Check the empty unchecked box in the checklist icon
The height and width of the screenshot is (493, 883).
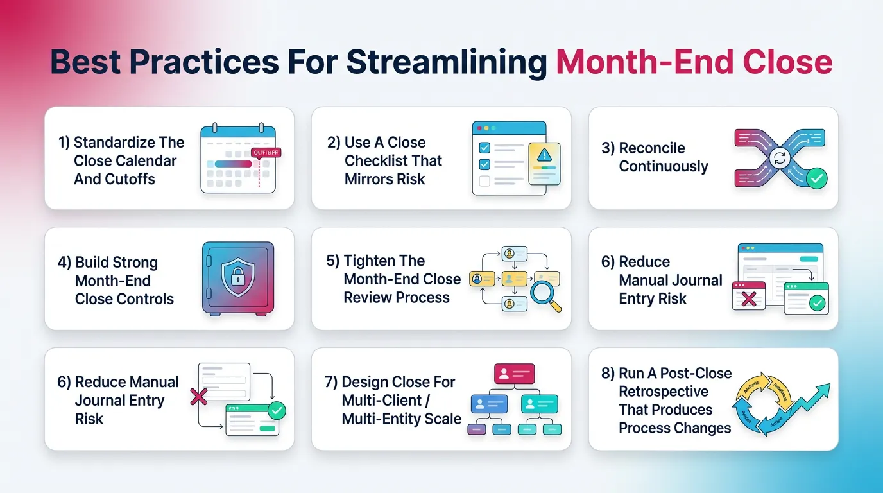(x=484, y=181)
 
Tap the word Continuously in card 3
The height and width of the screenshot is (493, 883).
(x=664, y=167)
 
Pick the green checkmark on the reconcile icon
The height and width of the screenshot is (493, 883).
(x=817, y=179)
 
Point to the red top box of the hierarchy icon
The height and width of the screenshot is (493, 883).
(x=514, y=373)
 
